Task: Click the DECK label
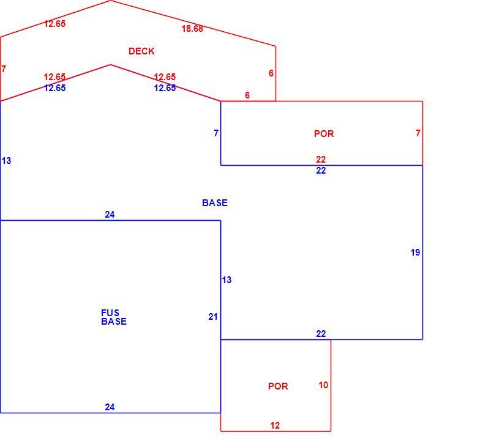(x=141, y=51)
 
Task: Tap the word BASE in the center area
(x=215, y=203)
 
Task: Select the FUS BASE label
(x=114, y=317)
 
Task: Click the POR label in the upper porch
(x=324, y=134)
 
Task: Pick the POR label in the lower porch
(x=278, y=386)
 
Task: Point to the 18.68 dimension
(x=192, y=29)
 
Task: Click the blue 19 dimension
(x=415, y=253)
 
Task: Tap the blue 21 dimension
(x=213, y=317)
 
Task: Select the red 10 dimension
(x=323, y=385)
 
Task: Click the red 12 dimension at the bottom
(x=275, y=426)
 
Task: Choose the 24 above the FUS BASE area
(x=110, y=215)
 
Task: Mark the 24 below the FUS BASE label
(x=110, y=407)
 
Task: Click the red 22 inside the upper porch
(x=321, y=159)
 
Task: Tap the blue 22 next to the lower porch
(x=321, y=334)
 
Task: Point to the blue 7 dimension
(x=216, y=133)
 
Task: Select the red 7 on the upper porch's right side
(x=418, y=133)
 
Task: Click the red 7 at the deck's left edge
(x=4, y=69)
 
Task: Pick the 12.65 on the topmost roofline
(x=54, y=24)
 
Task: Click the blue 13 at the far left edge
(x=6, y=161)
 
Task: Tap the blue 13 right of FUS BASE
(x=227, y=280)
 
